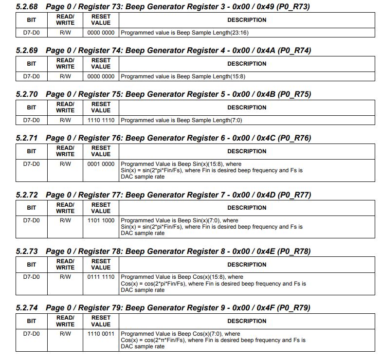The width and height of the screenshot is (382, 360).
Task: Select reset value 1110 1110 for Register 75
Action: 101,120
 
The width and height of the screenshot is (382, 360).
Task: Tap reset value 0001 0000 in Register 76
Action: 101,164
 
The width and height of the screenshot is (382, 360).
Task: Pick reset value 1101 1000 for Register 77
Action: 101,220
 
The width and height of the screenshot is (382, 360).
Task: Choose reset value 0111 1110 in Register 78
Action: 101,277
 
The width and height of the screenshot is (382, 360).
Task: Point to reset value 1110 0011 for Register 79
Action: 101,334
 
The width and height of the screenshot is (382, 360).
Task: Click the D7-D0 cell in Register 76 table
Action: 32,164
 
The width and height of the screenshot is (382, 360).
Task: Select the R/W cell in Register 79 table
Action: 65,334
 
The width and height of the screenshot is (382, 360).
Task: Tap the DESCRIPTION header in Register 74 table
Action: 247,64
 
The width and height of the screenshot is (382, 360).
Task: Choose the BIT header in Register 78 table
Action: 32,265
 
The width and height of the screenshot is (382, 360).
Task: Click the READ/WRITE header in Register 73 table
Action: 65,20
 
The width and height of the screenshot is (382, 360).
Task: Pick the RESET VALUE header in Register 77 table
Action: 101,208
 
